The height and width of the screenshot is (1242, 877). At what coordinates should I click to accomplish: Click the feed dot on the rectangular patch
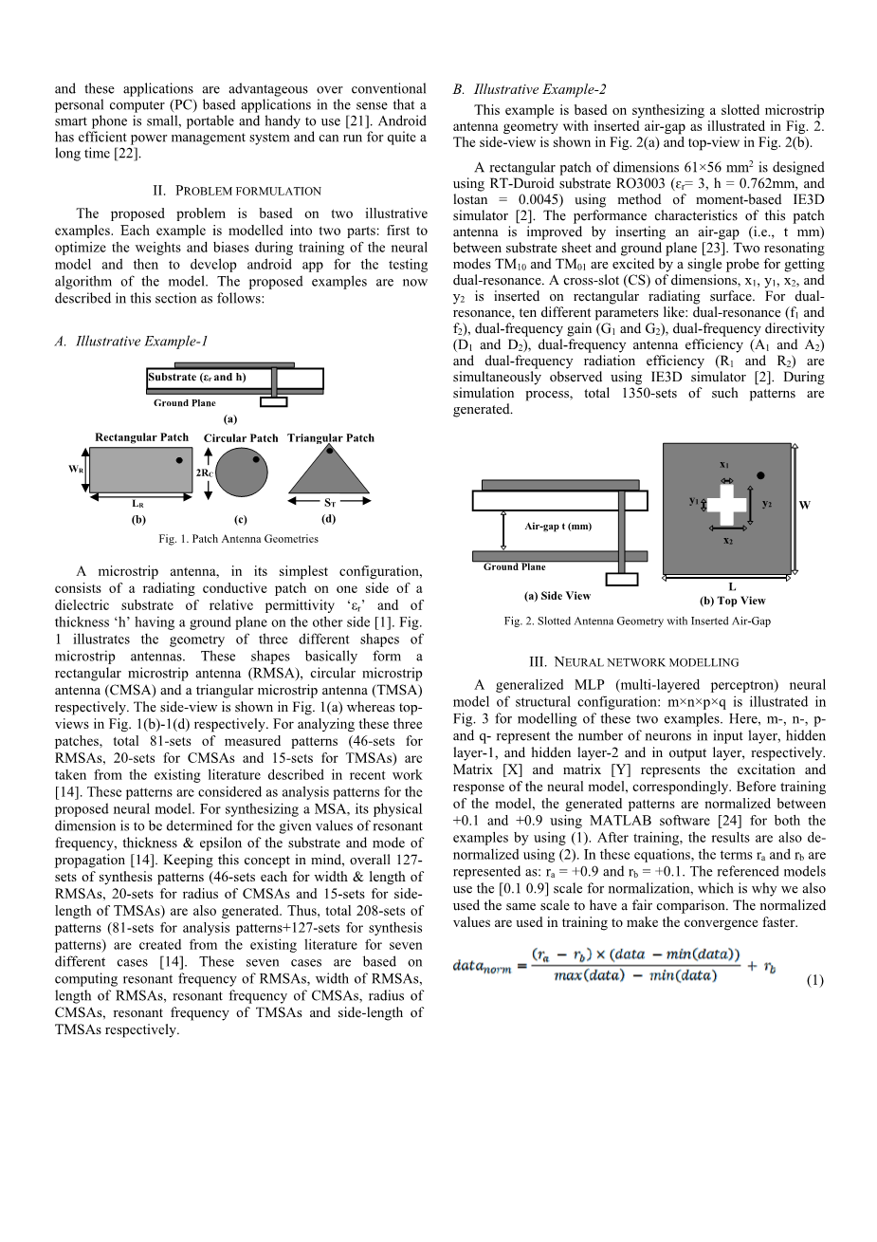pos(179,459)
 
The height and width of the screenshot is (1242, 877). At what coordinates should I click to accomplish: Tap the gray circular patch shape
pos(242,473)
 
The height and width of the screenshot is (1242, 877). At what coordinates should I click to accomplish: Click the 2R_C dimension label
pos(203,472)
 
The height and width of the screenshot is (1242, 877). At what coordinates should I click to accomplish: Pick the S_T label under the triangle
pos(330,504)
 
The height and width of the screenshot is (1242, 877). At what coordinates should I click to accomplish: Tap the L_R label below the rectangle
pos(137,505)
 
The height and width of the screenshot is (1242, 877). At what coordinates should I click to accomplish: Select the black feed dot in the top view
pos(760,474)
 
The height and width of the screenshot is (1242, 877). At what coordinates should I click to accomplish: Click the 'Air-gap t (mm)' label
pos(557,527)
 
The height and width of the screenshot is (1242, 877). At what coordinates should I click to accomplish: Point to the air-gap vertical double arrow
pos(502,529)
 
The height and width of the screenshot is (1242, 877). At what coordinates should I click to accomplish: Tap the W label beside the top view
pos(805,505)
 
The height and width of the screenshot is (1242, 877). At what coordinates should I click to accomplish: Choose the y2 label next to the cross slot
pos(766,504)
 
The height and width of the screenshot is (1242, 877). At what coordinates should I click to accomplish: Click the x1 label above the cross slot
pos(725,465)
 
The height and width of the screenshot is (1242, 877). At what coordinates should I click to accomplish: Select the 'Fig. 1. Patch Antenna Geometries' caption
pos(238,539)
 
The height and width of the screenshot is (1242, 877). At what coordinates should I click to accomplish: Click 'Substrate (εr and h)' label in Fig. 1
pos(197,377)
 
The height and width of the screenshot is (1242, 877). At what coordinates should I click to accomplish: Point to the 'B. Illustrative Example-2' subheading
pos(529,89)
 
